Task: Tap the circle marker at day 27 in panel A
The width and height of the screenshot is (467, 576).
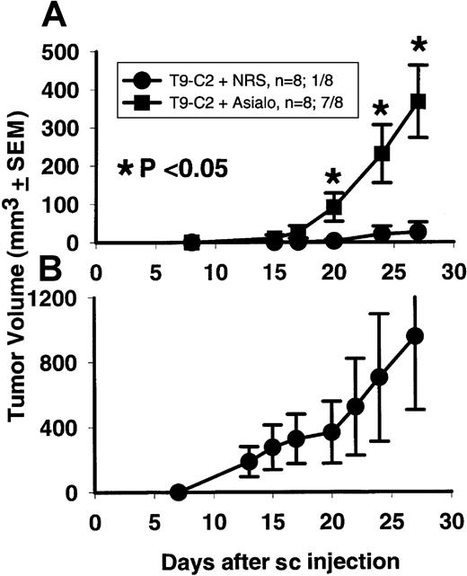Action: pyautogui.click(x=415, y=232)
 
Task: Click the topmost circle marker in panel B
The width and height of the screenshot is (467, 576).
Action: pyautogui.click(x=415, y=336)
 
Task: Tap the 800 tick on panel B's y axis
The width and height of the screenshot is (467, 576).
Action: pyautogui.click(x=73, y=363)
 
